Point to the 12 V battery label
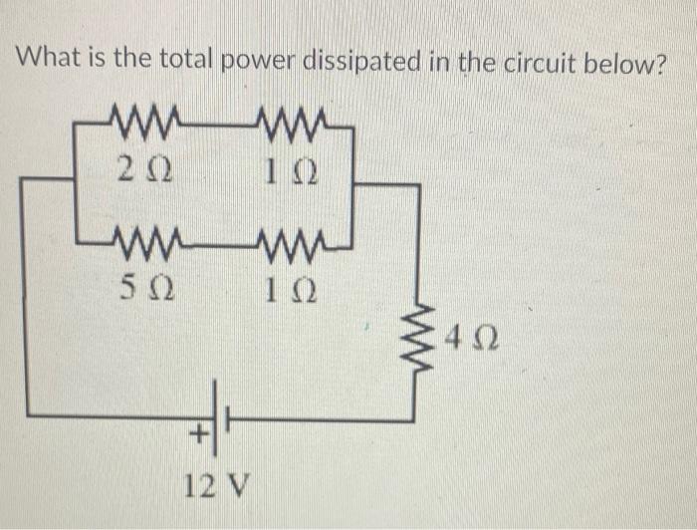point(217,487)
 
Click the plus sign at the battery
point(197,433)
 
